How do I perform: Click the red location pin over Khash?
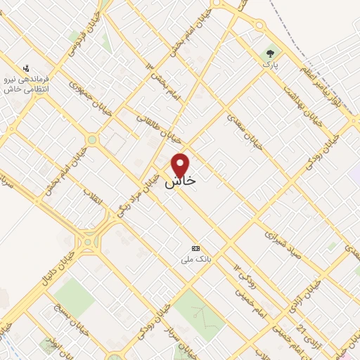click(181, 165)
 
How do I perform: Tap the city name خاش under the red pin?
click(181, 181)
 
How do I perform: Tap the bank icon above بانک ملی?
click(195, 248)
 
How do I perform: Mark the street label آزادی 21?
click(303, 317)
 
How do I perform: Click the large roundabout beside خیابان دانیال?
click(88, 243)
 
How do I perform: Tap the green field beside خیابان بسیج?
click(74, 295)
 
